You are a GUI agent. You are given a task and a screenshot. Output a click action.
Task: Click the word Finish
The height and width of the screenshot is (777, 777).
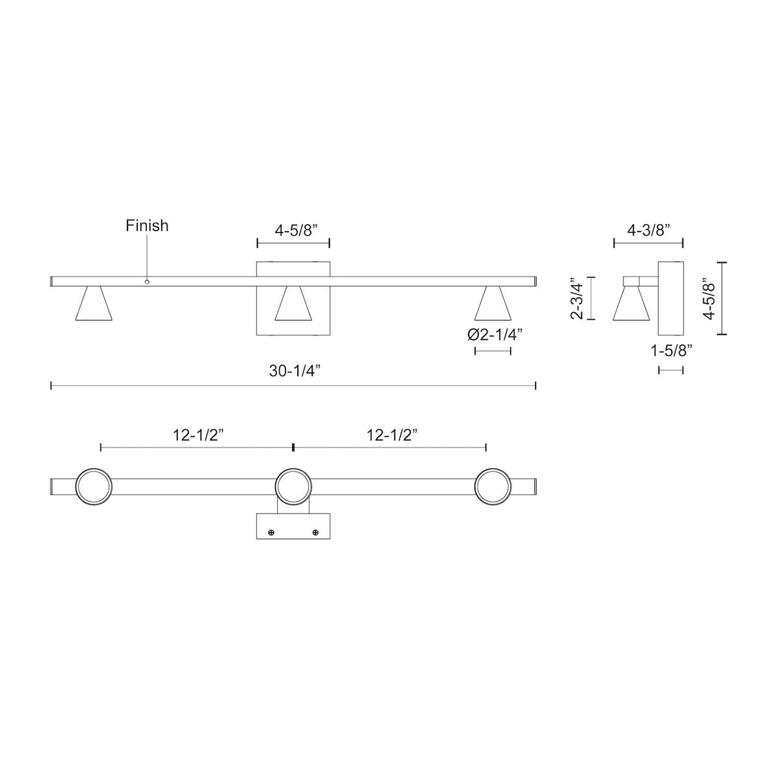click(x=147, y=225)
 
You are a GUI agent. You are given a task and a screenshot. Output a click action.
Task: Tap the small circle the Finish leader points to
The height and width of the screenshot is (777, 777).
click(x=147, y=282)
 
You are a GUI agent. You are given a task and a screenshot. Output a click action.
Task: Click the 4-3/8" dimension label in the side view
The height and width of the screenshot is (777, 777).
click(x=648, y=231)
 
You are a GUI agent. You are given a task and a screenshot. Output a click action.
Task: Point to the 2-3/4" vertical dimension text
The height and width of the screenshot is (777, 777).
click(x=577, y=298)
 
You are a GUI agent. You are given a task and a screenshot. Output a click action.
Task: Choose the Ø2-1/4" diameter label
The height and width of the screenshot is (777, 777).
click(x=495, y=335)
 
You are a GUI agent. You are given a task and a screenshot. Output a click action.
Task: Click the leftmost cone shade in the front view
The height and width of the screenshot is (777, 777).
click(x=94, y=304)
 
